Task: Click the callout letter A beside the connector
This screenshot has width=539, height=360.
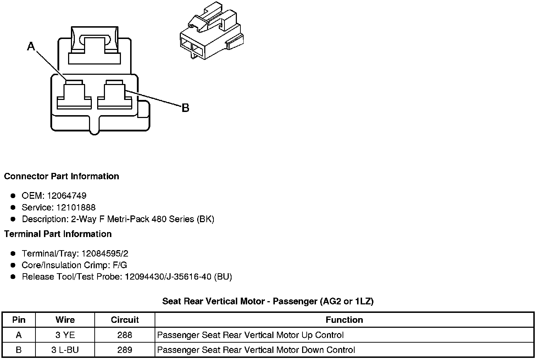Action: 31,46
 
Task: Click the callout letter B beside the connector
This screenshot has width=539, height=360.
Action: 185,108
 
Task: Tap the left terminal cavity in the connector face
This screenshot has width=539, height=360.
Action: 74,95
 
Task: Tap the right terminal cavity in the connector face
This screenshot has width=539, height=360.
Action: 114,95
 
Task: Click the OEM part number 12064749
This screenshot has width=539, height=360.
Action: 66,196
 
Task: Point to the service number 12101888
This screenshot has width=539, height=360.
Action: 76,207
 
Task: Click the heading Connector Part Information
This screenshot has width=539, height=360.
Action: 61,176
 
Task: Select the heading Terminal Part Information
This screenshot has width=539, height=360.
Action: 58,234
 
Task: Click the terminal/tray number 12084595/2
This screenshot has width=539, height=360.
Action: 105,254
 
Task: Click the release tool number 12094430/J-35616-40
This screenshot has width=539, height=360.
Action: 168,277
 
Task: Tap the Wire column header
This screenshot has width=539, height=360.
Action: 65,320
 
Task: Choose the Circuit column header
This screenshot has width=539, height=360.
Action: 125,320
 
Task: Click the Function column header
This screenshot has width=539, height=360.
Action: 344,320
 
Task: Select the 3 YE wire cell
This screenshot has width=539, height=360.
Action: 65,335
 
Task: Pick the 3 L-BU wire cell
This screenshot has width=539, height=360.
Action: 65,350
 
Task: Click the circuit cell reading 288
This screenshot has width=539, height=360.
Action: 125,335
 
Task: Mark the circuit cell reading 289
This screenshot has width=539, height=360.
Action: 125,350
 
